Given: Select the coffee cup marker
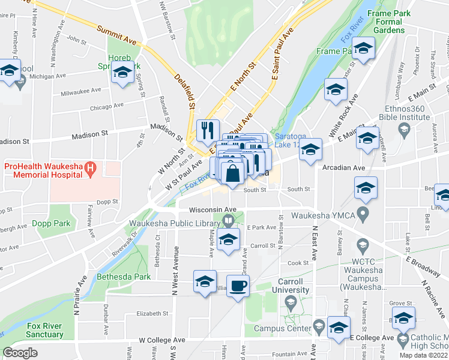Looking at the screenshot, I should point(237,286).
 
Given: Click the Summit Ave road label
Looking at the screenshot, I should point(116,36).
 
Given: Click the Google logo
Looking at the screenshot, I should point(20,352).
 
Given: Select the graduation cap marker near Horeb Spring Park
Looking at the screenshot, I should point(123,73).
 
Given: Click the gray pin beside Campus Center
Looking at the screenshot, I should point(319,328).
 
